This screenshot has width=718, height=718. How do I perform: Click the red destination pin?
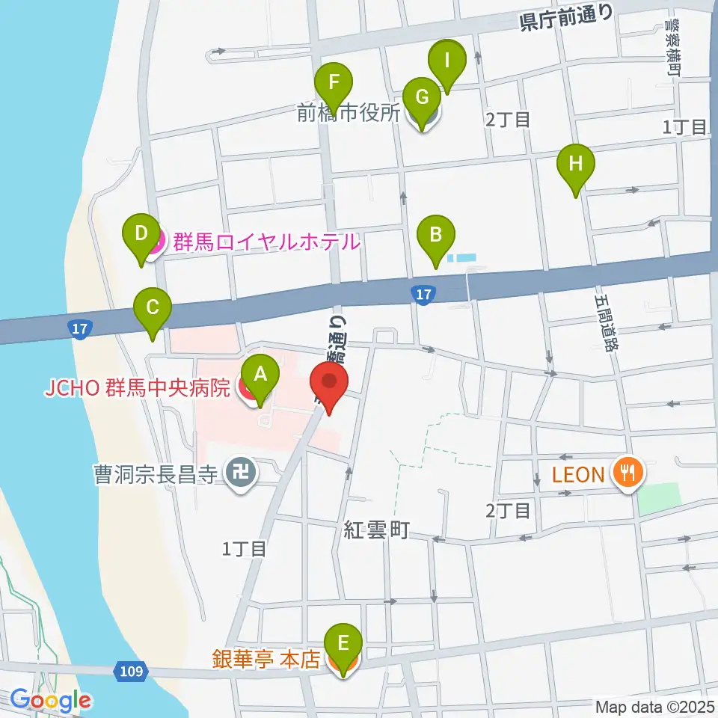tap(329, 383)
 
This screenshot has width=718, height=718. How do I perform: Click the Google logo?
tap(51, 701)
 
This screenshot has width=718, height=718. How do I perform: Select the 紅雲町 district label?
tap(376, 531)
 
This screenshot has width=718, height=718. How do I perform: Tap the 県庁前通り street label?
tap(567, 17)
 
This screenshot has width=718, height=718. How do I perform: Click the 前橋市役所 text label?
tap(349, 113)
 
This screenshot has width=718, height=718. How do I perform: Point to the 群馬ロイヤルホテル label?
tap(266, 242)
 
